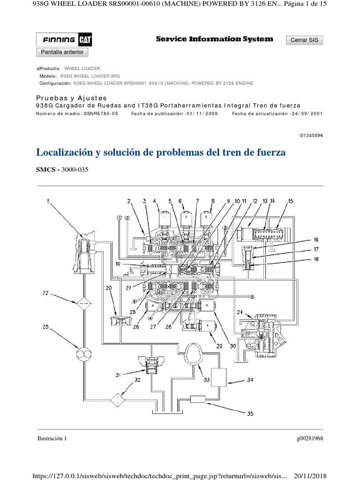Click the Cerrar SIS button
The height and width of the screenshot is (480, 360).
304,40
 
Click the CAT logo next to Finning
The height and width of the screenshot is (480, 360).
85,40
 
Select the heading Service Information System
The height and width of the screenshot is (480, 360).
214,39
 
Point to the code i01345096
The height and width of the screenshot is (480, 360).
311,135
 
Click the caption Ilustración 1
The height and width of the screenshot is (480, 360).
52,439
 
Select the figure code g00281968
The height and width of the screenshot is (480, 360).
310,439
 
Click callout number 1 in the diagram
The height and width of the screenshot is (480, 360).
47,202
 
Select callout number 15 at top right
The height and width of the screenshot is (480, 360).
291,201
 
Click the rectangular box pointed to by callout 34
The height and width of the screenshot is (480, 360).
219,376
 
